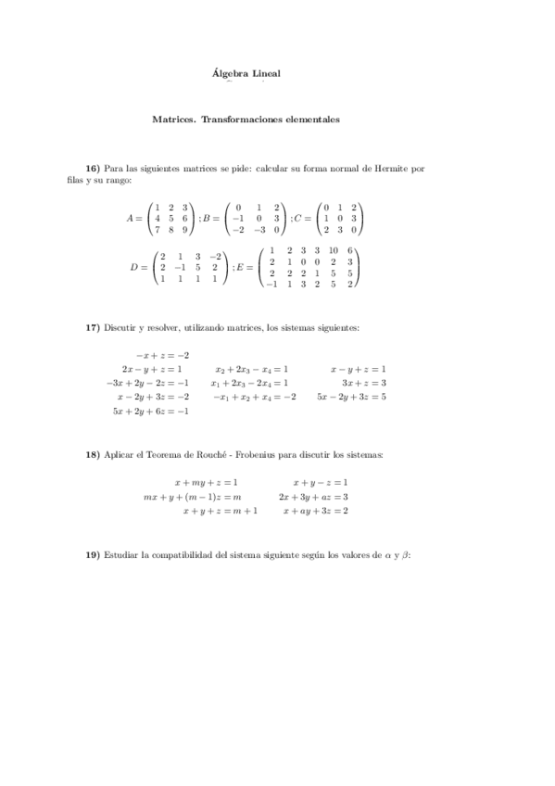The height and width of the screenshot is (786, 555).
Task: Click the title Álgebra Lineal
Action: point(246,72)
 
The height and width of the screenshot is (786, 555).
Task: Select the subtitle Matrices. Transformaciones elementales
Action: point(246,120)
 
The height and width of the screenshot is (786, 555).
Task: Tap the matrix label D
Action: point(135,267)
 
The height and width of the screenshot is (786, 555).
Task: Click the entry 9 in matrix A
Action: point(185,230)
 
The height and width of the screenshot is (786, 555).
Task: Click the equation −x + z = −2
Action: point(162,355)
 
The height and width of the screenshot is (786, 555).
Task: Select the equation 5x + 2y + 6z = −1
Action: point(150,411)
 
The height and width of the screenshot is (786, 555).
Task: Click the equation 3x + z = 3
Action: point(363,383)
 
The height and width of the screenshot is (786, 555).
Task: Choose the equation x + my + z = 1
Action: point(206,483)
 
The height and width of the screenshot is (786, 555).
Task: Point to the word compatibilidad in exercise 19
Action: point(197,554)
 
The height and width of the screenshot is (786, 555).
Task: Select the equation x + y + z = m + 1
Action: point(220,511)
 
